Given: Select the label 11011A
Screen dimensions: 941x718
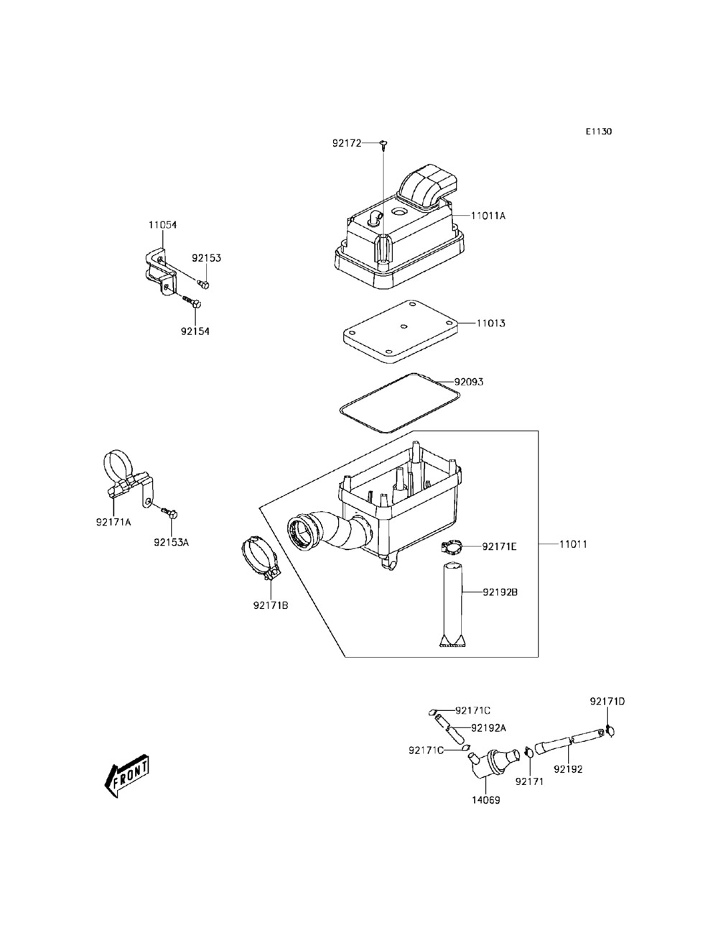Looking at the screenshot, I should click(x=488, y=216).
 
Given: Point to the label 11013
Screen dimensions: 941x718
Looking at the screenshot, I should click(x=491, y=323).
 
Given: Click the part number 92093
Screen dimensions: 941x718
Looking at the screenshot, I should click(x=468, y=382).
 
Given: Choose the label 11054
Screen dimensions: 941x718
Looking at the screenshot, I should click(x=162, y=225).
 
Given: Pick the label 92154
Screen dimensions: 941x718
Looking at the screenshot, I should click(x=195, y=331).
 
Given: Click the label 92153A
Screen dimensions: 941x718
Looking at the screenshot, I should click(x=171, y=542).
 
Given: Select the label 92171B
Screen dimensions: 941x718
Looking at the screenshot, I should click(x=270, y=605).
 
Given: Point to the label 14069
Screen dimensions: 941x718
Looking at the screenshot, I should click(x=486, y=799).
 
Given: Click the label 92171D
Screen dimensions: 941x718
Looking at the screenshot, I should click(x=607, y=701).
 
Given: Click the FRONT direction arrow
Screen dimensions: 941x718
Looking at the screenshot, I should click(x=127, y=776).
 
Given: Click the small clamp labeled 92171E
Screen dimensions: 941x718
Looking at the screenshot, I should click(x=451, y=548).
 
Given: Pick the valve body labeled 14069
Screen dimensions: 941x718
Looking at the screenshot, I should click(x=491, y=762).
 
